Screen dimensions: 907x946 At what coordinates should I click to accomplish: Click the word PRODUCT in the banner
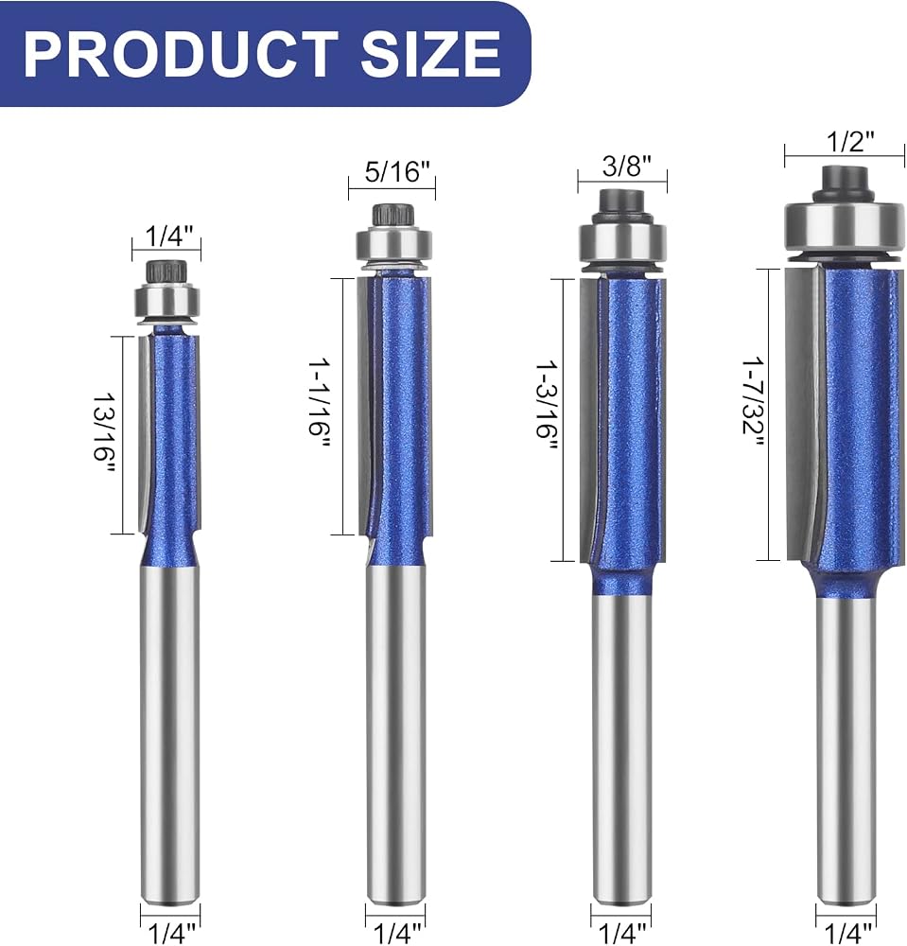(181, 53)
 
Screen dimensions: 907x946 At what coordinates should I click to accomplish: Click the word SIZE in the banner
(431, 53)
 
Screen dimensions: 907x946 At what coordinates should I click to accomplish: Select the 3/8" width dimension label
(627, 166)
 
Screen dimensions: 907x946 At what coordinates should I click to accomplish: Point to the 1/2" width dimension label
(849, 142)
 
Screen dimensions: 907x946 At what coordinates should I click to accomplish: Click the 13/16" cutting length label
(103, 435)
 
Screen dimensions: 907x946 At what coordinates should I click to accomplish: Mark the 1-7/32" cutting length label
(753, 404)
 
